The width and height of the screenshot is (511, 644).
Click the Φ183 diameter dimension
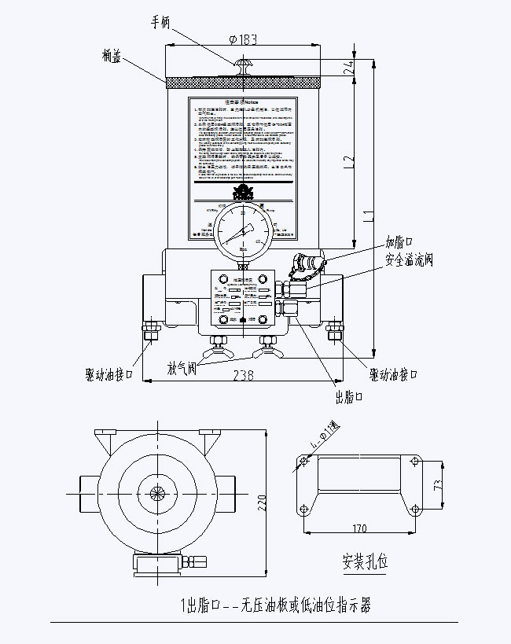pyautogui.click(x=244, y=39)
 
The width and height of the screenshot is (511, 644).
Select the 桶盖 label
pyautogui.click(x=111, y=55)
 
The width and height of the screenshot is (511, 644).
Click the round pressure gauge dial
pyautogui.click(x=244, y=229)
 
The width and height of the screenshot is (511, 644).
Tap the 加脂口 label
pyautogui.click(x=399, y=241)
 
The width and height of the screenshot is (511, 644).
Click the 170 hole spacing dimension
pyautogui.click(x=360, y=528)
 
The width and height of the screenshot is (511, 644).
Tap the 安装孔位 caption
pyautogui.click(x=366, y=563)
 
